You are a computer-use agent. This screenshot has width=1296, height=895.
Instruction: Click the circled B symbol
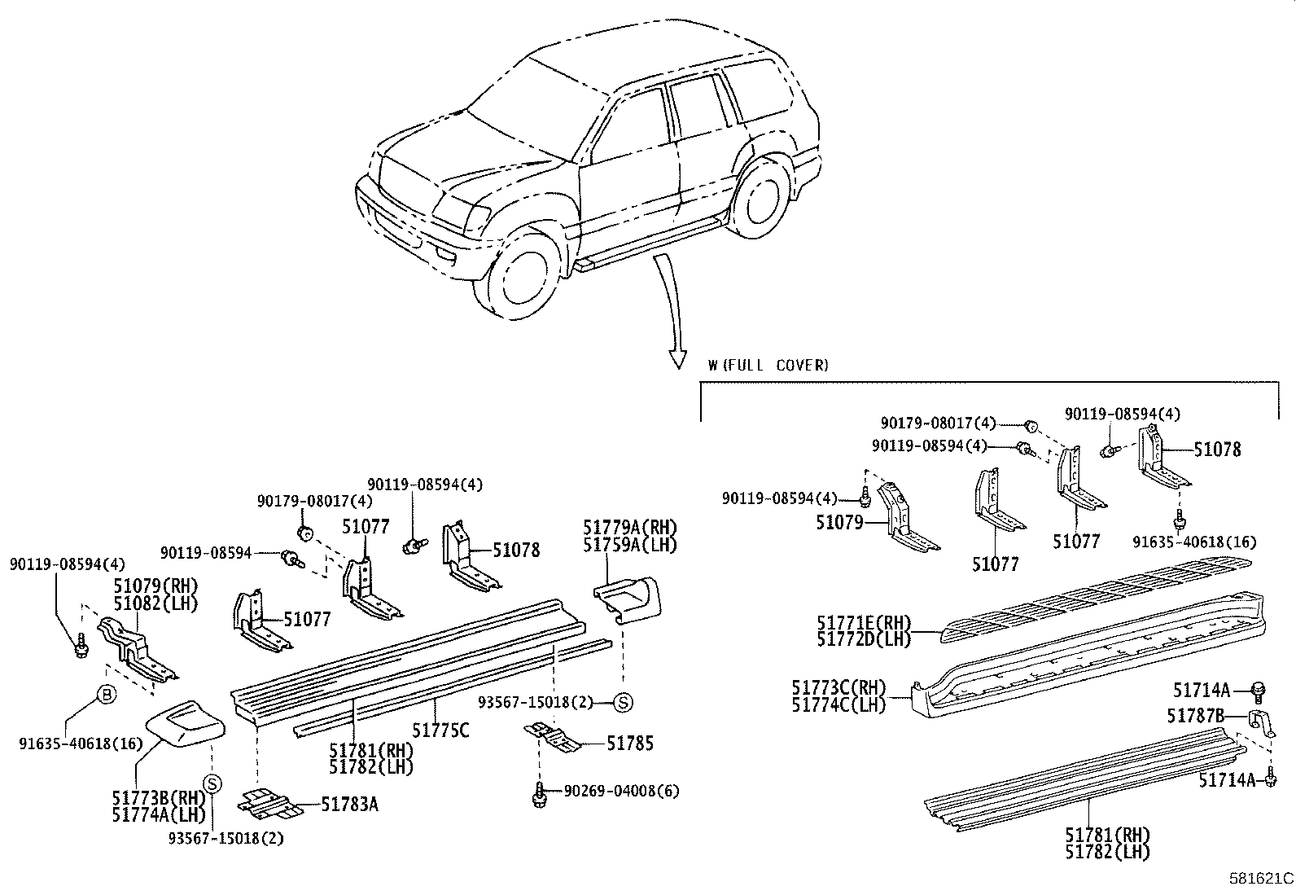[107, 694]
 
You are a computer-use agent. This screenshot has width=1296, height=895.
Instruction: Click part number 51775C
[440, 730]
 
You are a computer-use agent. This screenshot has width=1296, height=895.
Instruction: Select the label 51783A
[349, 805]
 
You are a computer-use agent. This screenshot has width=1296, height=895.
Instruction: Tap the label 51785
[630, 743]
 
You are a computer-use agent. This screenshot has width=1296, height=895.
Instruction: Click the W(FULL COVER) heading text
[768, 365]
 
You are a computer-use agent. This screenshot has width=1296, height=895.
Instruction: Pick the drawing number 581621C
[1260, 879]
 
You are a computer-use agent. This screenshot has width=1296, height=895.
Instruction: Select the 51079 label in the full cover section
[839, 522]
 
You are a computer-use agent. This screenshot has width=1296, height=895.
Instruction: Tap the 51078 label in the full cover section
[1217, 449]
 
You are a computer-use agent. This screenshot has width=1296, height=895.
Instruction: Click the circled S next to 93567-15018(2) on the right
[622, 702]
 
